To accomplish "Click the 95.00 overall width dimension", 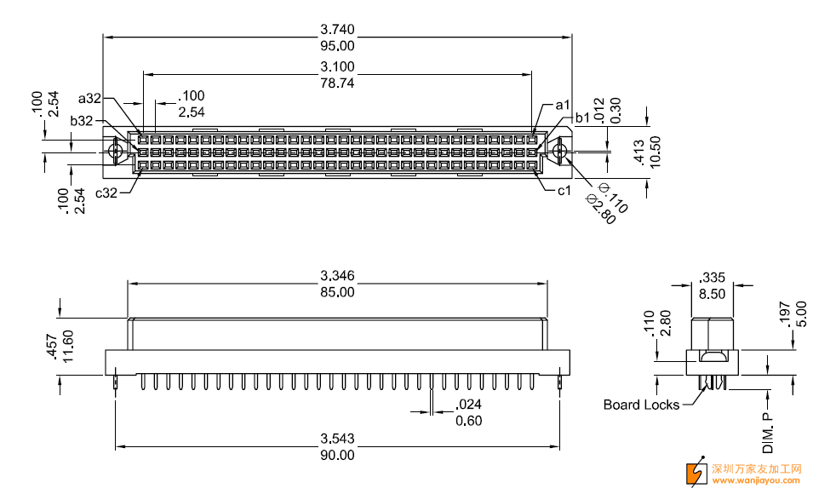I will point(337,46).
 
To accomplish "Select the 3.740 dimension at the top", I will point(337,28).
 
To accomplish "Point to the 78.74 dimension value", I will point(337,83).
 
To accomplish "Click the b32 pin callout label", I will point(82,121).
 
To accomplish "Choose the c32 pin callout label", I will point(106,193).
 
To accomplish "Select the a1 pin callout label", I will point(562,105).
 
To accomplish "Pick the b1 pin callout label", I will point(582,118).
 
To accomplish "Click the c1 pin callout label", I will point(564,190).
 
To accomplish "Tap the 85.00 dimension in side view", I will point(337,292).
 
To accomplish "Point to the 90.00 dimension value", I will point(337,455).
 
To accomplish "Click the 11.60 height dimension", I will point(69,347).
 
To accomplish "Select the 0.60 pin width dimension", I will point(468,421).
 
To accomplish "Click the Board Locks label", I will point(641,405).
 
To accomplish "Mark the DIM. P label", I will point(768,434).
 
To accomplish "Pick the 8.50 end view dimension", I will point(712,294).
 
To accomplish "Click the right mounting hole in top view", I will point(559,152).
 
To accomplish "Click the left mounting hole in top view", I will point(116,152).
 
